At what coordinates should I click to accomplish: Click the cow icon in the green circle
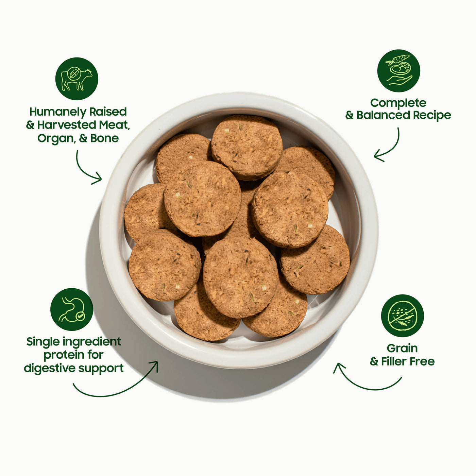click(x=76, y=79)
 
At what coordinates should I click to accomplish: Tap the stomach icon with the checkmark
click(x=72, y=309)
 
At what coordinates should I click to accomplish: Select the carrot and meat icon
click(x=398, y=71)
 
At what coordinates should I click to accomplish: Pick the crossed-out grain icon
click(x=402, y=316)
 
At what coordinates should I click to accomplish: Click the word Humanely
click(x=58, y=112)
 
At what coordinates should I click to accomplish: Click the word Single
click(x=43, y=342)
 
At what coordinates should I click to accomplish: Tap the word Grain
click(x=402, y=348)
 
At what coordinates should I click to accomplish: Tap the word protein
click(x=65, y=356)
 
